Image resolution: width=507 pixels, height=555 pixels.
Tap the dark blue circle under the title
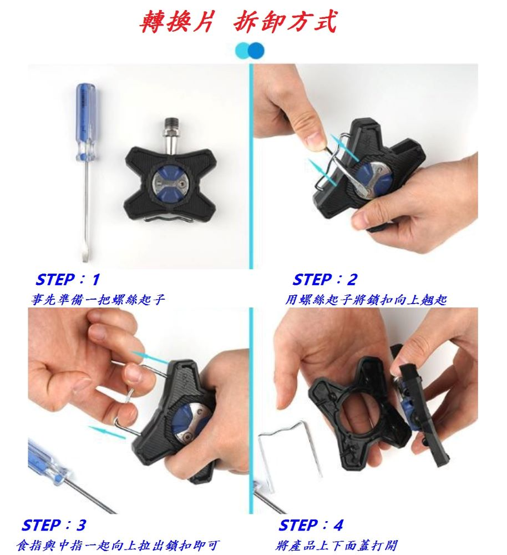(x=256, y=51)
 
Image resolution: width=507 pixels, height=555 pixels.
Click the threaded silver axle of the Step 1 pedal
(x=171, y=133)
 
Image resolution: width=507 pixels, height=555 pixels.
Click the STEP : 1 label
(x=68, y=280)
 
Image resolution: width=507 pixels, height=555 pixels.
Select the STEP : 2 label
(x=325, y=280)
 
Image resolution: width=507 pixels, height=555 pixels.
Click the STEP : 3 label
(x=54, y=525)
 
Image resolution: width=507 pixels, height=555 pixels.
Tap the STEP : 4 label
(x=311, y=525)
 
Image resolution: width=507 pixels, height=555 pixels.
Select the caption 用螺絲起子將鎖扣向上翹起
(x=366, y=300)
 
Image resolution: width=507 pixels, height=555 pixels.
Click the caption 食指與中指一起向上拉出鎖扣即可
(x=118, y=545)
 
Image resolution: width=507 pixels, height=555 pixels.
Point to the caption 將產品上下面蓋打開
(x=337, y=545)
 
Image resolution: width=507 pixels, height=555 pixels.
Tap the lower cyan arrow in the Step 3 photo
(x=107, y=432)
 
